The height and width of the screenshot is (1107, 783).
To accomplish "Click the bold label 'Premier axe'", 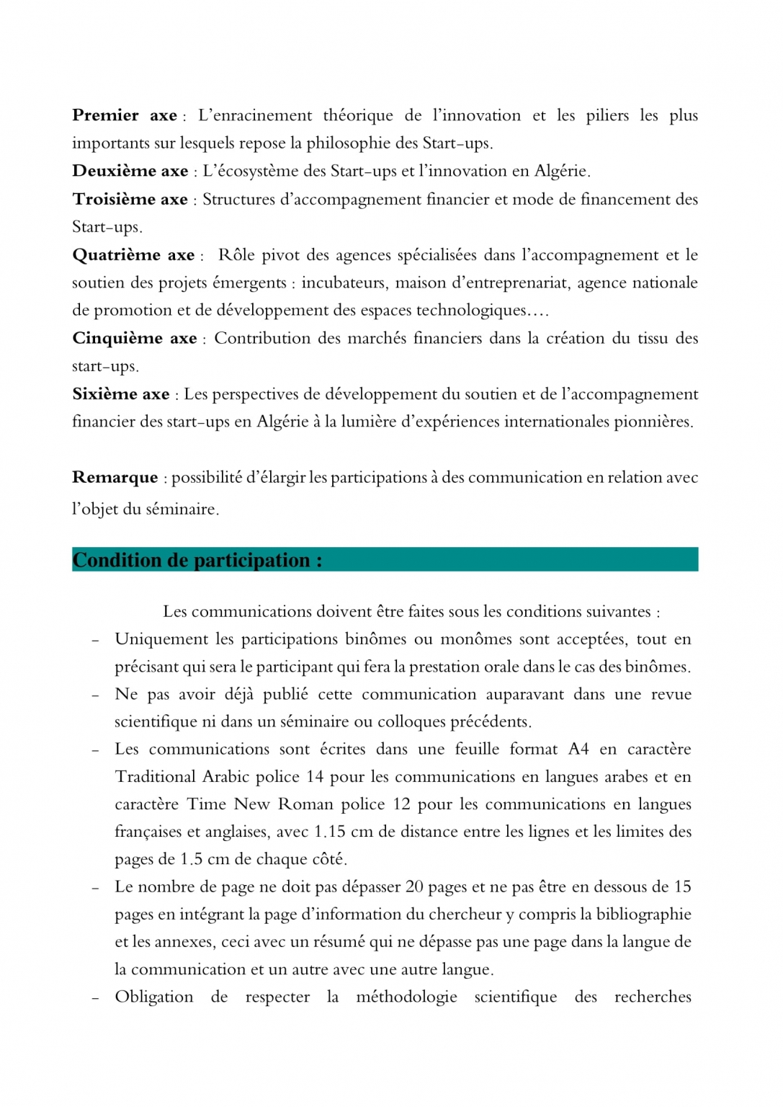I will pos(124,115).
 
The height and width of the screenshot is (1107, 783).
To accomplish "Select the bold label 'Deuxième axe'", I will pos(130,171).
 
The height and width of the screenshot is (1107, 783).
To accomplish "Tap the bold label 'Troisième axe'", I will pos(130,199).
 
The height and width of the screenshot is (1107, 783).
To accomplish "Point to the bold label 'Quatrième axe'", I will pos(133,255).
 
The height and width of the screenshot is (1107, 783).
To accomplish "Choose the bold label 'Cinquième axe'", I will pos(134,338).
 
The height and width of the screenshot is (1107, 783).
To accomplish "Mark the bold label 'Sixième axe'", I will pos(120,394).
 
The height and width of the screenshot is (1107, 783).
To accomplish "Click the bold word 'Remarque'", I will pos(115,477).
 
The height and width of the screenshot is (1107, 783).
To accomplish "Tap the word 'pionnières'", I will pos(651,422).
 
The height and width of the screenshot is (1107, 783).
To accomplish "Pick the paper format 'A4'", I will pos(578,750).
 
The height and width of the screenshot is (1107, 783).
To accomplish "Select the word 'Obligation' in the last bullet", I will pos(153,997).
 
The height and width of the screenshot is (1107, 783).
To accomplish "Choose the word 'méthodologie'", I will pos(406,997).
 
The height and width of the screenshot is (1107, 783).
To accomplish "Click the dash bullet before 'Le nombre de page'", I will pos(95,888).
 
